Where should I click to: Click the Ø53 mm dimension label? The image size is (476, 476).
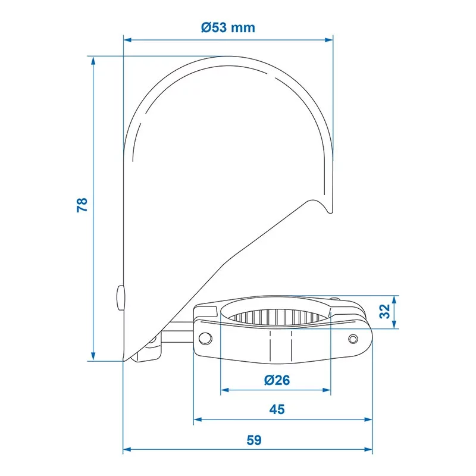[x=228, y=27]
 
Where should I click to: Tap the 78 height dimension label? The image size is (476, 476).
[x=82, y=205]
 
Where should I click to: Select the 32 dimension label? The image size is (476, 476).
[x=385, y=311]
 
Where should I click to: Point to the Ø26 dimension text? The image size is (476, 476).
[x=277, y=380]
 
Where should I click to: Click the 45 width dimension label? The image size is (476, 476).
[x=277, y=409]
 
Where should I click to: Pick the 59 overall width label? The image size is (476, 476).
[x=254, y=440]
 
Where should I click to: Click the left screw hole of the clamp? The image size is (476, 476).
[x=205, y=338]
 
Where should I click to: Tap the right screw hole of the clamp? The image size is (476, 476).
[x=353, y=339]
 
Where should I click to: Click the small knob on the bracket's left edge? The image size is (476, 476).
[x=120, y=298]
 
